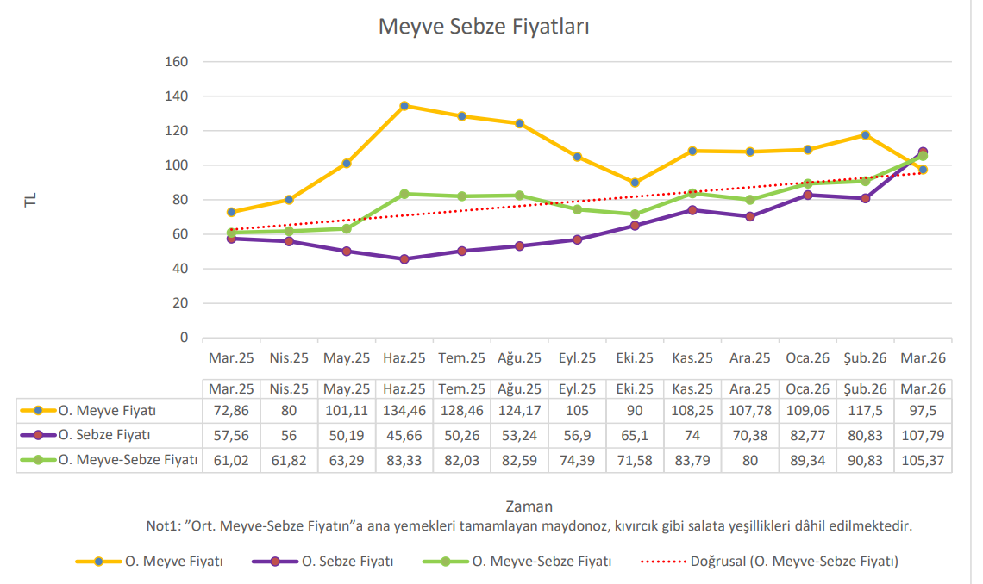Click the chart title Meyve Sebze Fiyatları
click(484, 27)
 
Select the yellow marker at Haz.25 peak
click(404, 106)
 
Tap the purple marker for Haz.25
click(404, 258)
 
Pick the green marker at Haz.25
click(404, 194)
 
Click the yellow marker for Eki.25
click(635, 183)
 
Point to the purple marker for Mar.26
click(923, 152)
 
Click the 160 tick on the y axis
click(176, 62)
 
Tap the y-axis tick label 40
click(179, 269)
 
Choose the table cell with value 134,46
click(404, 410)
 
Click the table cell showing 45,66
click(404, 435)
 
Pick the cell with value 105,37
click(923, 460)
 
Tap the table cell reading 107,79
click(923, 435)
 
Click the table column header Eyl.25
click(577, 388)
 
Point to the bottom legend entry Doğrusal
click(793, 562)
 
